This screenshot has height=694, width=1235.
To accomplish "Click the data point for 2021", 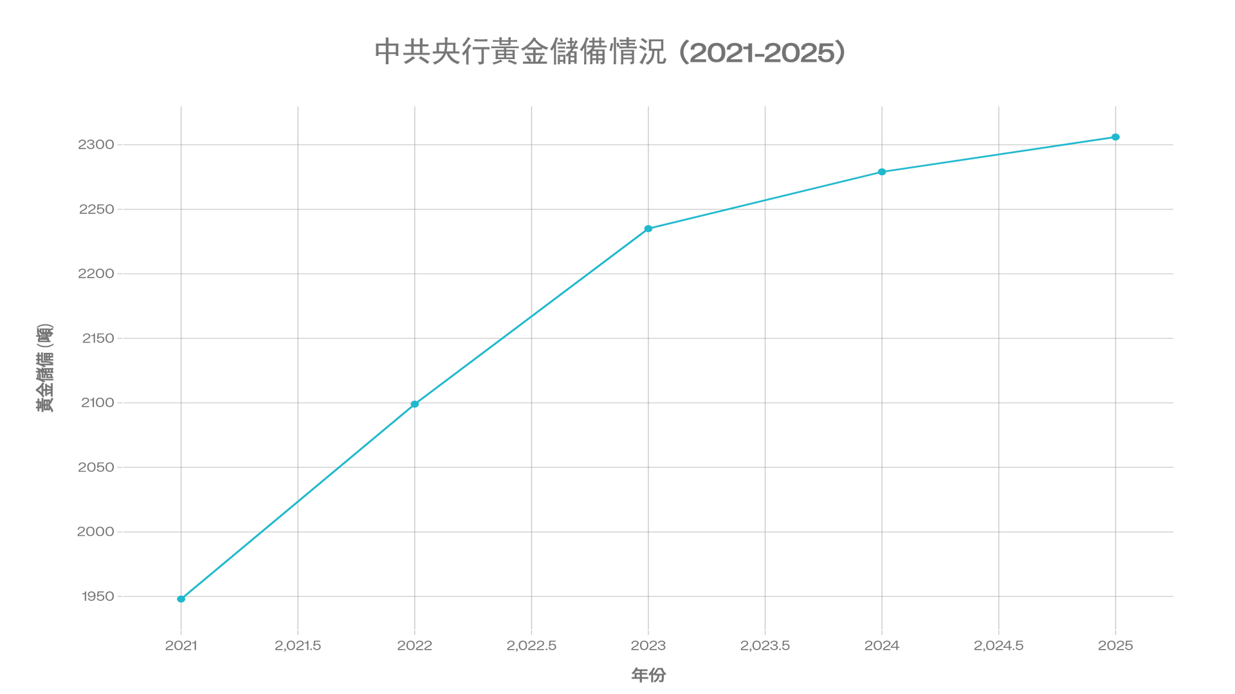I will click(181, 599).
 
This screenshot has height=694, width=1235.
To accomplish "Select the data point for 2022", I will click(415, 404).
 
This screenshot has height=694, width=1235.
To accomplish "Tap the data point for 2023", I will click(648, 229).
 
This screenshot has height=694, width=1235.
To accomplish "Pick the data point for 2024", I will click(882, 172).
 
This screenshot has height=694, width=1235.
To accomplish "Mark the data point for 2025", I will click(1115, 137).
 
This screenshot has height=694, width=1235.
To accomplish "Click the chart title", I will click(610, 52).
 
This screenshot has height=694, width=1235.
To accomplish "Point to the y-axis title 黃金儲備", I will click(44, 368).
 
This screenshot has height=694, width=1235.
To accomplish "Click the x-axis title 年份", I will click(648, 675).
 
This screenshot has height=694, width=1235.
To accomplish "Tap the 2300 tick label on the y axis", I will click(96, 145).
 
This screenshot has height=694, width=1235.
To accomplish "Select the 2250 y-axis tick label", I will click(96, 209).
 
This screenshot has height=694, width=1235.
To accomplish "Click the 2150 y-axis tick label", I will click(98, 338).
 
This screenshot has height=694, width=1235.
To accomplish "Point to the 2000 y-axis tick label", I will click(95, 531).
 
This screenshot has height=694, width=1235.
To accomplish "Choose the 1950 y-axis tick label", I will click(98, 596).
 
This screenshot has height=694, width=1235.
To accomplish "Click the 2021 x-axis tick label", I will click(181, 645).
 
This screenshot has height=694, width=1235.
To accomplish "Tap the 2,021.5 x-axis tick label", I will click(298, 645).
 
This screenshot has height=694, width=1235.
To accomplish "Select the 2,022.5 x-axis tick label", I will click(531, 645).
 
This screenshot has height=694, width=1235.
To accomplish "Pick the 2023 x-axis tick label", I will click(648, 645).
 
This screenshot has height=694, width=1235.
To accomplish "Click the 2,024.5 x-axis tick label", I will click(998, 645).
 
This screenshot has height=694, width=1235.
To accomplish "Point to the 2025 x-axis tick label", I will click(1115, 645).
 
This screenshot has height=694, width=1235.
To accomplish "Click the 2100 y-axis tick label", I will click(97, 403).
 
